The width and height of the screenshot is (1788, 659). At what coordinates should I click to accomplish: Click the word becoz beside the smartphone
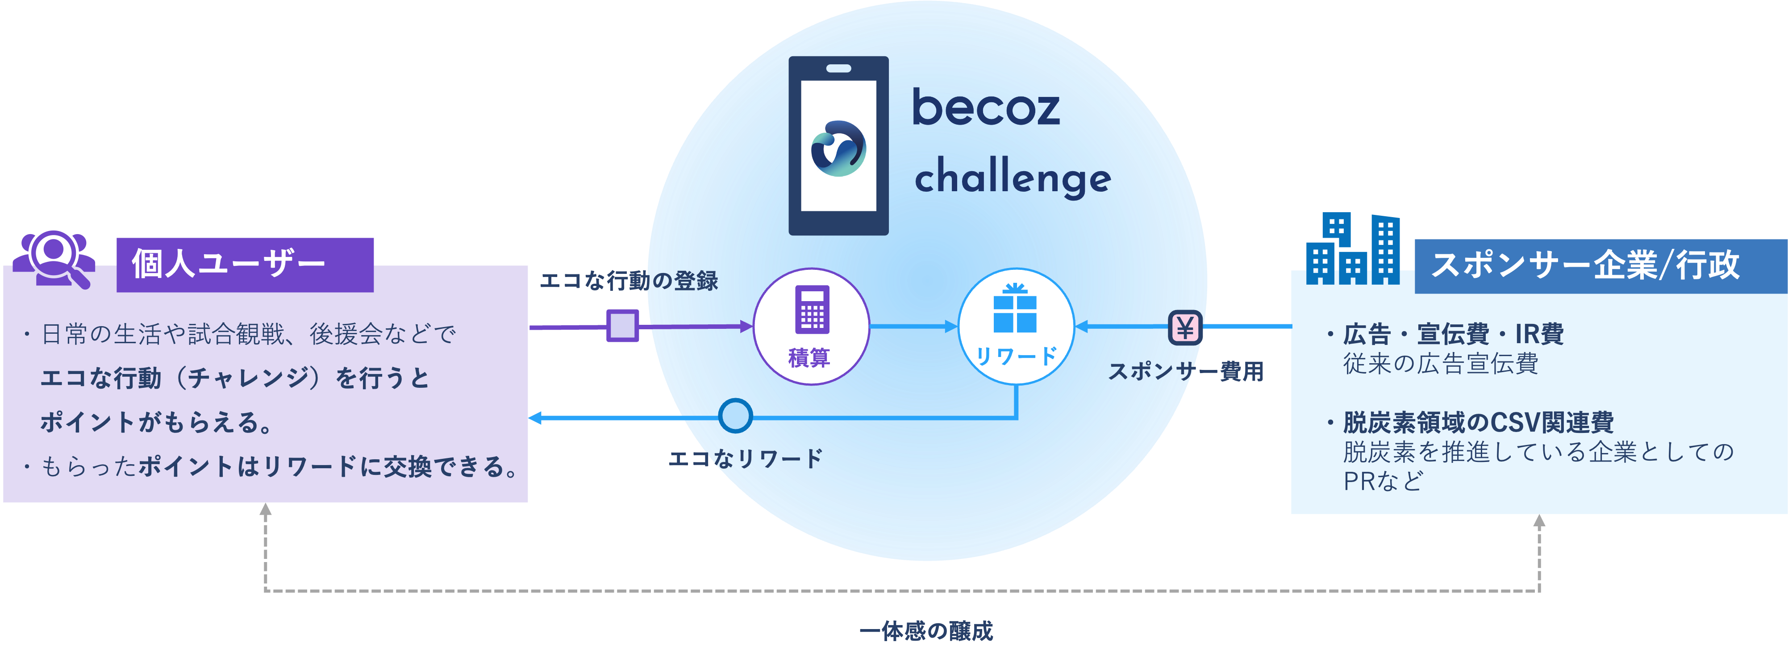(986, 108)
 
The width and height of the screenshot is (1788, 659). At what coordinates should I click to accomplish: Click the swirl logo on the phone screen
(838, 149)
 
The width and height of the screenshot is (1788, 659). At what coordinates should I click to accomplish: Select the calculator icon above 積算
(811, 310)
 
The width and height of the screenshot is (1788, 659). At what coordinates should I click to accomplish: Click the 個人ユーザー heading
(229, 264)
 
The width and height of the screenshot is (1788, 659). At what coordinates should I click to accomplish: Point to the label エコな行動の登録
(628, 281)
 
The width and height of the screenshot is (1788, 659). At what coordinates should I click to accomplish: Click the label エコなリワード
(745, 458)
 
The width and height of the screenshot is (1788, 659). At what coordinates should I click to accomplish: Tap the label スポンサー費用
(1185, 372)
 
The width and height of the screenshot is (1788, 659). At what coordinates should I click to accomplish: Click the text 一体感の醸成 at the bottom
(926, 630)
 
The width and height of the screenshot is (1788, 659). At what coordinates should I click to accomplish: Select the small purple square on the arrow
(623, 326)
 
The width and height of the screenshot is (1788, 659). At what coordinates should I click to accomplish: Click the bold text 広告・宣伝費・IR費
(1453, 334)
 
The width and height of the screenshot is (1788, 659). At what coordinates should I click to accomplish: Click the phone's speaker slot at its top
(838, 68)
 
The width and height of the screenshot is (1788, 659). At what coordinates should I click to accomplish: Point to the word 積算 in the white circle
(809, 357)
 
